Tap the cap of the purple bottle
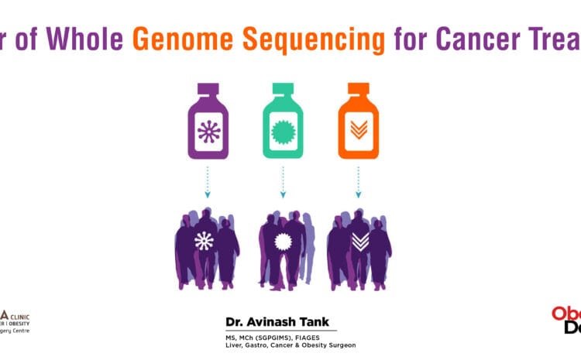(x=208, y=90)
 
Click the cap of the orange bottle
(x=357, y=90)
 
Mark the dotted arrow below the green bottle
(x=282, y=183)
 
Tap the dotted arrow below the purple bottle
(x=208, y=183)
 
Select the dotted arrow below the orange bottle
(x=357, y=183)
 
